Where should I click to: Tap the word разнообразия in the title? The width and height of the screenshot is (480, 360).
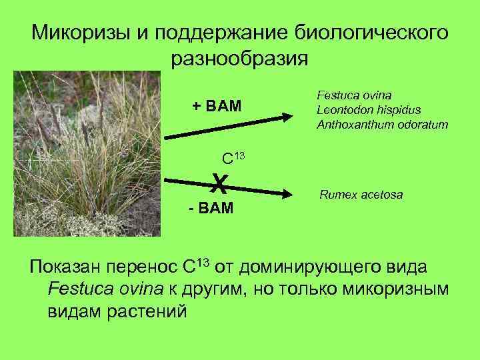(239, 59)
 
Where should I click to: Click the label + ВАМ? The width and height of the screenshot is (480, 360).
(217, 107)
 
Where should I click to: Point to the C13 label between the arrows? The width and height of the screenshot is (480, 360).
(233, 158)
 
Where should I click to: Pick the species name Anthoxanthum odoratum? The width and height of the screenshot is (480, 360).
(382, 125)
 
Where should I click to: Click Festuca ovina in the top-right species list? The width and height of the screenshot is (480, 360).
(353, 94)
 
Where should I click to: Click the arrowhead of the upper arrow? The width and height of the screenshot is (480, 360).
(287, 117)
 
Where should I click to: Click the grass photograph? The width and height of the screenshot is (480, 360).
(87, 153)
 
